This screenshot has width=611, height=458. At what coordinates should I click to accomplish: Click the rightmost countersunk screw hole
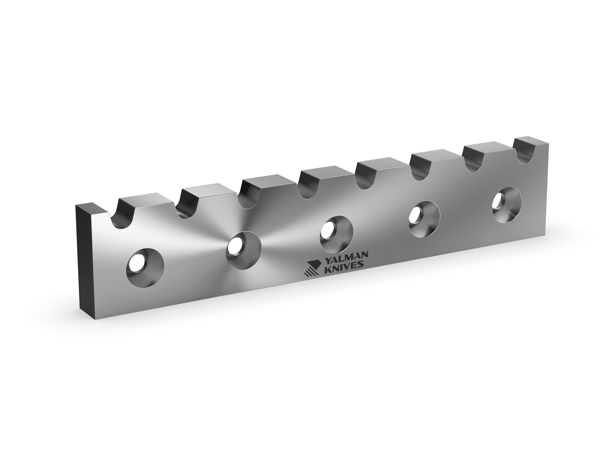click(x=507, y=204)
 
